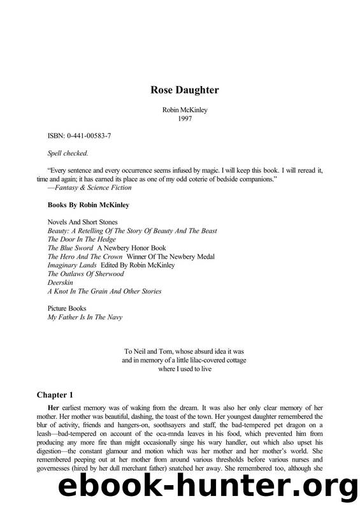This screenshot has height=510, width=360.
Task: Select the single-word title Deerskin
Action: (61, 282)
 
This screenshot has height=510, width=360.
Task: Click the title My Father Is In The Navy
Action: (86, 317)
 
